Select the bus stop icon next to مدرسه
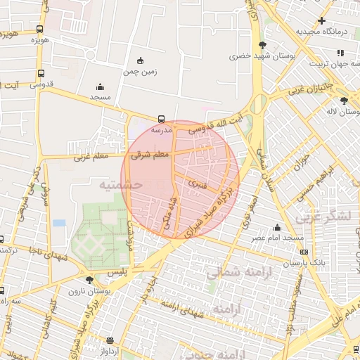click(162, 120)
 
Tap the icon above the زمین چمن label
click(140, 60)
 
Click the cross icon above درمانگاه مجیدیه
click(322, 20)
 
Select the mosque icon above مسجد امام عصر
click(278, 227)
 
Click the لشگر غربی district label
click(324, 217)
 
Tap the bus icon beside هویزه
click(39, 29)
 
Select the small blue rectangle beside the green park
click(59, 223)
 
